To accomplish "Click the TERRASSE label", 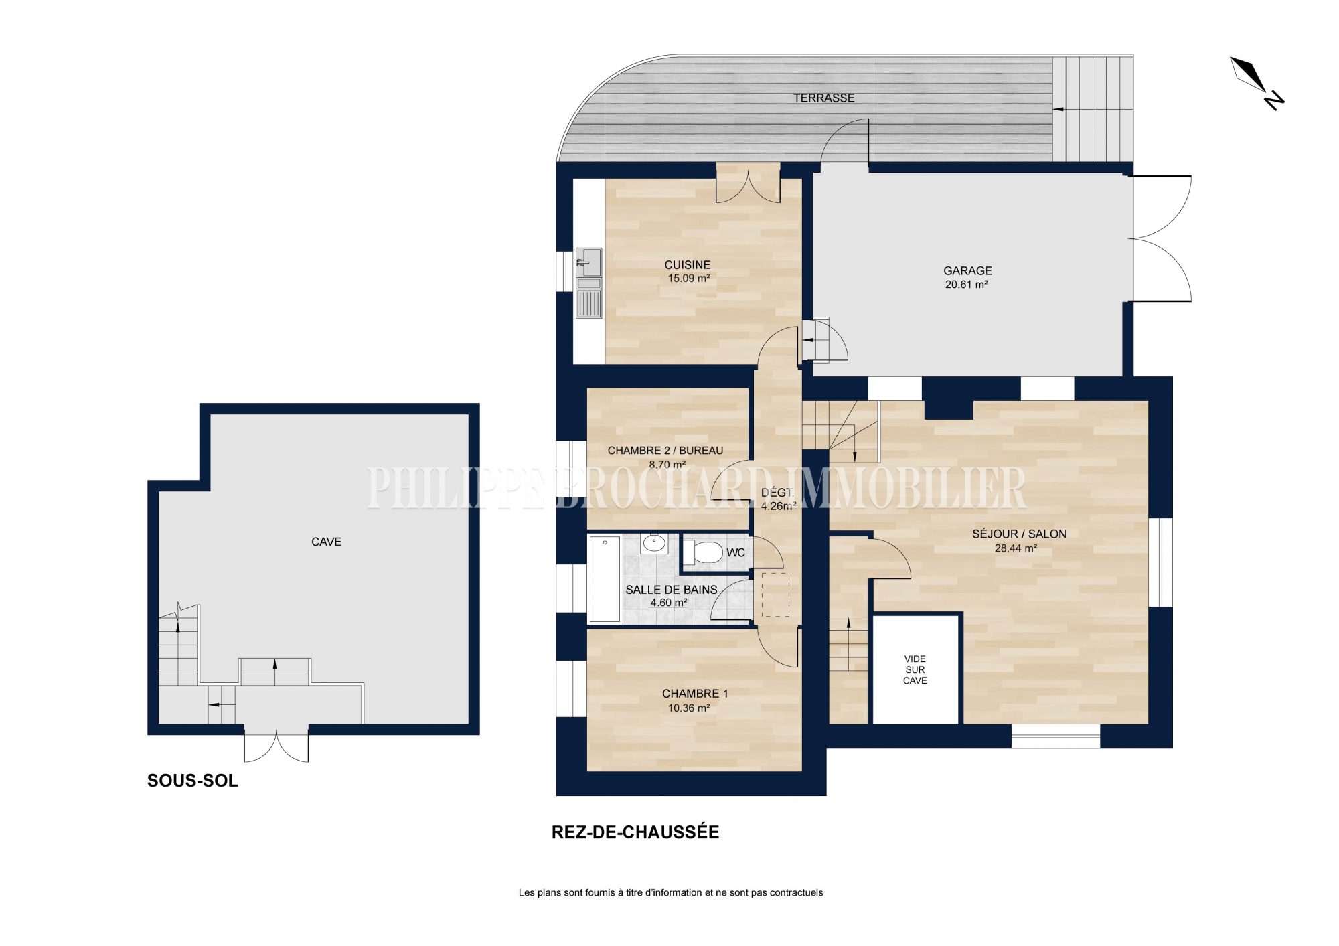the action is (824, 98).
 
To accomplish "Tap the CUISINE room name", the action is (688, 265).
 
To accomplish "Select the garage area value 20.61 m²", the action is (967, 284).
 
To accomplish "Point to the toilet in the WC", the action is (703, 552).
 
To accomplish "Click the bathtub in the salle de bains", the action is (605, 578).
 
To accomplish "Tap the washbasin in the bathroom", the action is (653, 544).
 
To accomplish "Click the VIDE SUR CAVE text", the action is (915, 669).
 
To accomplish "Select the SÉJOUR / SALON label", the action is (1019, 534).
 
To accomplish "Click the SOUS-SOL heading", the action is (193, 781).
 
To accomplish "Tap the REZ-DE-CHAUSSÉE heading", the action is (635, 832).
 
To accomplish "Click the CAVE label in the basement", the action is (326, 542).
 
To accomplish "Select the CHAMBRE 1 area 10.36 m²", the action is (689, 708).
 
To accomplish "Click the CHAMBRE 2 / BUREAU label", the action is (665, 451).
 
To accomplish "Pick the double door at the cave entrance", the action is (277, 746).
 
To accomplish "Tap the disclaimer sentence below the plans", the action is (671, 892).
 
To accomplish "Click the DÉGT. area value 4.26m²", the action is (779, 506).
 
